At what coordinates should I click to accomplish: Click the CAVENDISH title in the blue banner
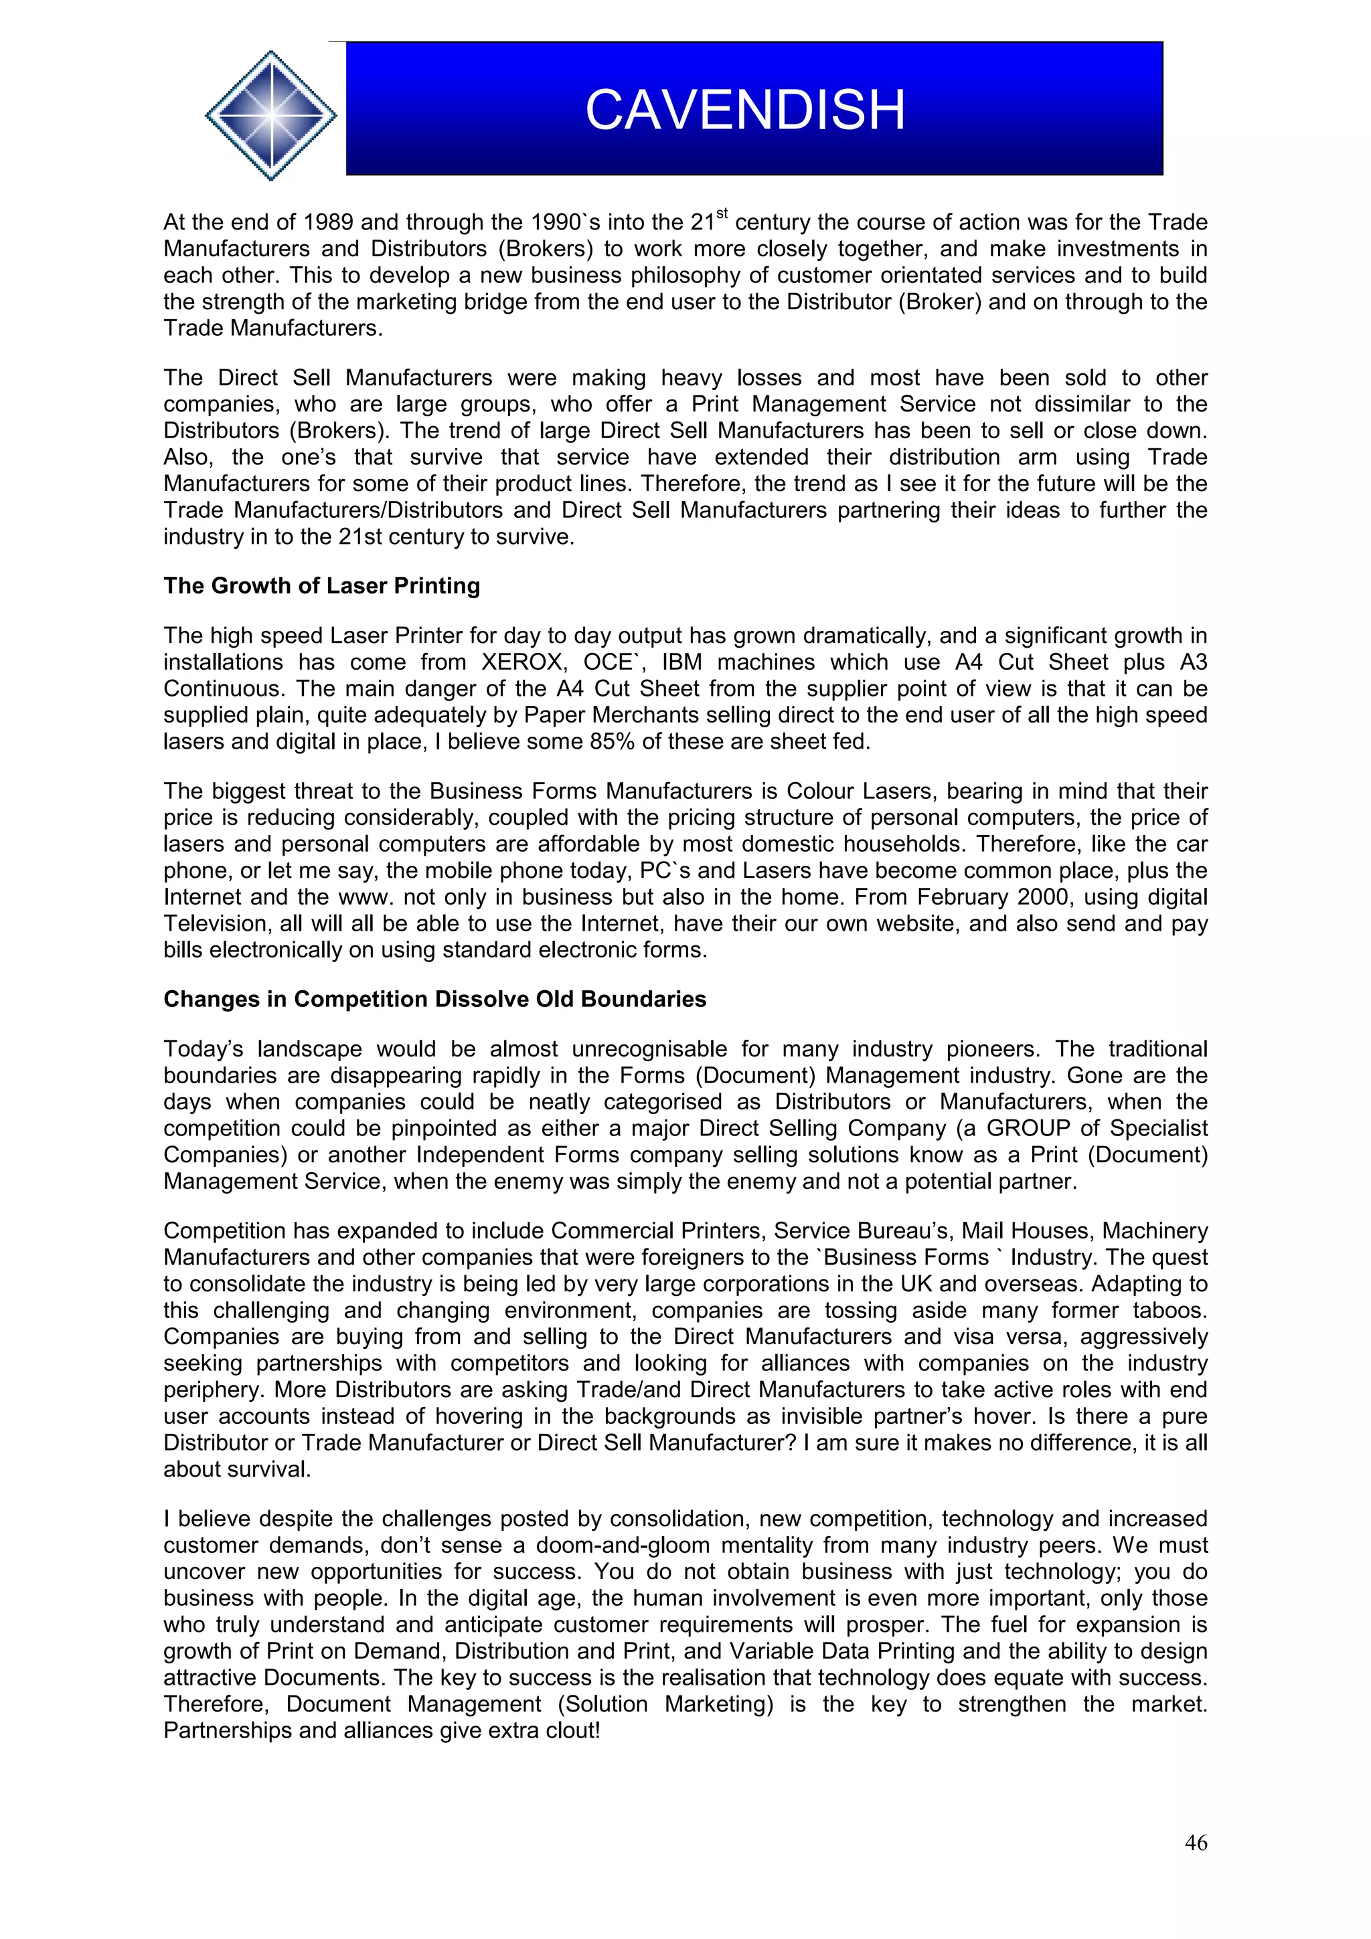point(744,110)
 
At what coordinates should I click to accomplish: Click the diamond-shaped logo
point(270,115)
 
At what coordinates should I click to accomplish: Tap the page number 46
point(1196,1842)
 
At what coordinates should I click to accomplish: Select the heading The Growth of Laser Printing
point(321,585)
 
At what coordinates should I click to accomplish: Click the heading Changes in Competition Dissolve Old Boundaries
point(434,999)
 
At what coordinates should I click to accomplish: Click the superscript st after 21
point(722,213)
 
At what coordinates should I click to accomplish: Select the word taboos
point(1171,1310)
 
